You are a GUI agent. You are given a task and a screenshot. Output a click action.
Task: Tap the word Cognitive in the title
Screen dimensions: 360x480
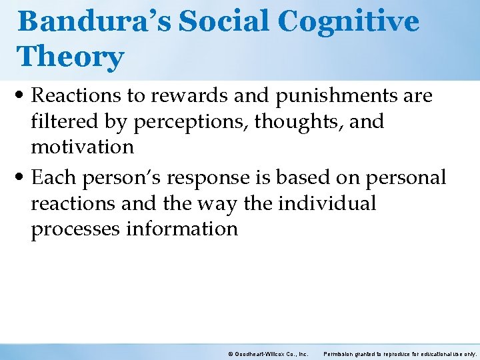[x=348, y=22]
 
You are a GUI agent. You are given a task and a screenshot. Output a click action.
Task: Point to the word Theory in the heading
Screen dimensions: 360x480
[x=71, y=57]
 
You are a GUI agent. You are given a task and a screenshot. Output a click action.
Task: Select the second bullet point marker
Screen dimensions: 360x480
[x=24, y=179]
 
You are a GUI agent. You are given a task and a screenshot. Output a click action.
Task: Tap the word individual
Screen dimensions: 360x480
[x=327, y=203]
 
